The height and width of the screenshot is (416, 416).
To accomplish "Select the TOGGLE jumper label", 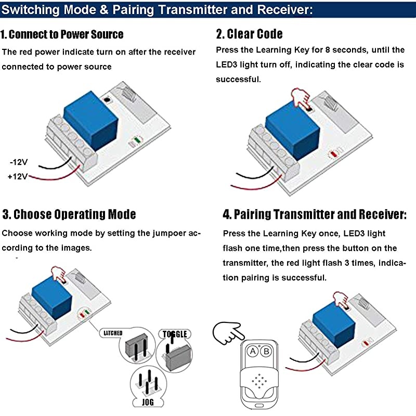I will (x=174, y=334).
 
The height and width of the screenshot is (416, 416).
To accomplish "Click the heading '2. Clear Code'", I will (x=249, y=34).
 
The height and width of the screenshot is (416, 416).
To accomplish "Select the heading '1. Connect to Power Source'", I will (x=62, y=35).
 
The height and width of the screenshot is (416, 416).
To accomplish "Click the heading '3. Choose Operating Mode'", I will (x=69, y=214).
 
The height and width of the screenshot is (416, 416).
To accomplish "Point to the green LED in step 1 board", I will (x=138, y=139).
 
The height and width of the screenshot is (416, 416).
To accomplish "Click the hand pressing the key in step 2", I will (x=299, y=97).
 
